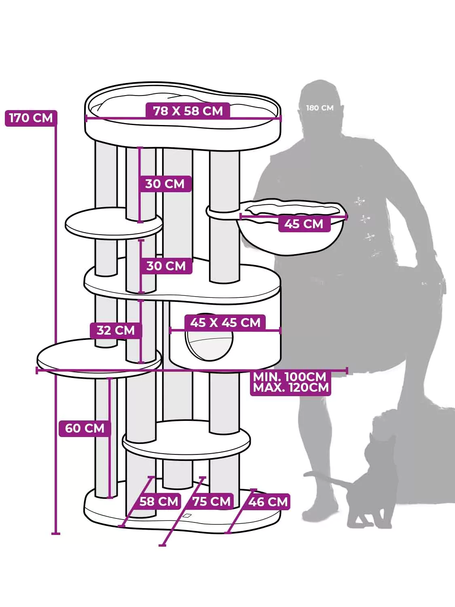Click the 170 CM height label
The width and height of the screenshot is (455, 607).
[x=31, y=118]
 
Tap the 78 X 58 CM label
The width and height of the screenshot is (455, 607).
[x=188, y=111]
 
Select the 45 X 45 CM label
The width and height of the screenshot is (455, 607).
[x=225, y=323]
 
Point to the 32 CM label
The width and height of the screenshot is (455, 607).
[x=116, y=330]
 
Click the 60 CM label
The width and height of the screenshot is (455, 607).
[x=85, y=429]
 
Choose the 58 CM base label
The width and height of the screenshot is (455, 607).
[x=159, y=501]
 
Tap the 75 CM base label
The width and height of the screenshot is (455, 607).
[x=212, y=501]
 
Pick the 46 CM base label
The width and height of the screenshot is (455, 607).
[x=268, y=502]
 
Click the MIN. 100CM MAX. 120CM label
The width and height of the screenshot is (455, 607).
[x=291, y=382]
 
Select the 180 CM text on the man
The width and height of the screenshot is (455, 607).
[x=320, y=108]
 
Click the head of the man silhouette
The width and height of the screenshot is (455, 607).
[x=320, y=104]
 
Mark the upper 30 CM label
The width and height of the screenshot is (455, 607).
[x=165, y=184]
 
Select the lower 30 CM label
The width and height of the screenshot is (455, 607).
[x=166, y=266]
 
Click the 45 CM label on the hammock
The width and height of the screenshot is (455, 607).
[x=304, y=224]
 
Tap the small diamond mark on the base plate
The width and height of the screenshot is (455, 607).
[x=187, y=516]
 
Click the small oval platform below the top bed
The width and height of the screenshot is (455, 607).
[x=114, y=223]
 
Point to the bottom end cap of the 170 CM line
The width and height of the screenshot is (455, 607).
[x=56, y=534]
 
